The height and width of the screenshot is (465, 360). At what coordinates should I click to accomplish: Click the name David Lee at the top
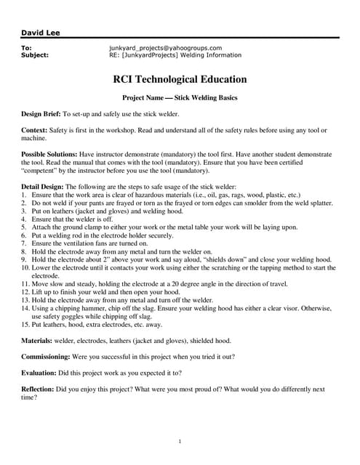[x=37, y=33]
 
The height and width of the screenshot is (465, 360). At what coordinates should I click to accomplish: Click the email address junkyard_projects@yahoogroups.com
[x=165, y=48]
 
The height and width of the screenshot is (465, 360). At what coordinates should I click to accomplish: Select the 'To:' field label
[x=27, y=48]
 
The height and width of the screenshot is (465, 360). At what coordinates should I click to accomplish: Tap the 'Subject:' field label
[x=35, y=54]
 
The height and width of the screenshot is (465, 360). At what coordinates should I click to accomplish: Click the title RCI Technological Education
[x=180, y=80]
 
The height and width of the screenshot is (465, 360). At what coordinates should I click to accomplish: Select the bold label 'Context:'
[x=35, y=130]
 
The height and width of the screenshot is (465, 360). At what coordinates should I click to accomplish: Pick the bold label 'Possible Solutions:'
[x=49, y=155]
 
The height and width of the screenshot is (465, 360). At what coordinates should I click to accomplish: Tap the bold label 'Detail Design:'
[x=44, y=187]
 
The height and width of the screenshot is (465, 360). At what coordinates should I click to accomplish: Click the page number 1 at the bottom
[x=180, y=441]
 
